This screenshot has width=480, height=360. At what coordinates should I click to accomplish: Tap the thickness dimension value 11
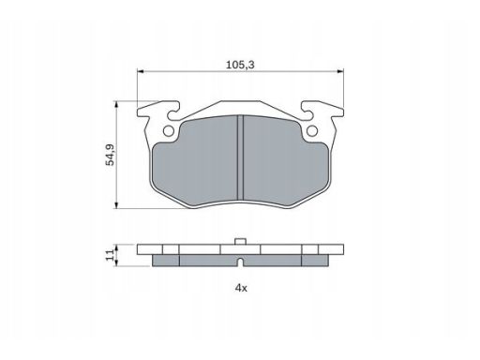pos(109,254)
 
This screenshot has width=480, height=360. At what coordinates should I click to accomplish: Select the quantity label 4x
pos(241,288)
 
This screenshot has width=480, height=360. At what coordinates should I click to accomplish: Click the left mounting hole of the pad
pos(169,130)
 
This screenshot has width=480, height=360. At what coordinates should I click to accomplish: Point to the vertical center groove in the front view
pos(241,155)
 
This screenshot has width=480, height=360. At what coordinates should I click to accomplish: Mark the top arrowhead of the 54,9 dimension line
pos(116,104)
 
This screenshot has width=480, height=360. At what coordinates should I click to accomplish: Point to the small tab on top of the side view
pos(241,244)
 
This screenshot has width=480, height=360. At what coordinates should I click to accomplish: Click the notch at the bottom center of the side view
pos(241,264)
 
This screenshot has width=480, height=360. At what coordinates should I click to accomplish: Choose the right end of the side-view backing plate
pos(338,250)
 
